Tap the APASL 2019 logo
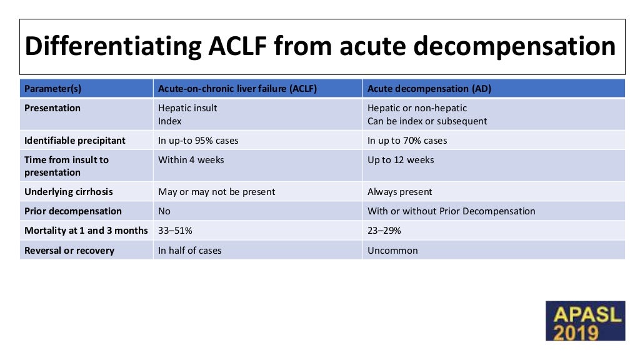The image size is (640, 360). [x=584, y=321]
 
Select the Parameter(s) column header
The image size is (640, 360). [x=52, y=89]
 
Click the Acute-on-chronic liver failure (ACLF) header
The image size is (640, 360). [x=237, y=89]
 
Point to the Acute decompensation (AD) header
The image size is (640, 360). [x=429, y=89]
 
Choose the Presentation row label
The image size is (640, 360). [x=52, y=108]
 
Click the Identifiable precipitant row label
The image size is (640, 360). [x=75, y=141]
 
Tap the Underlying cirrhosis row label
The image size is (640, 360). [x=69, y=192]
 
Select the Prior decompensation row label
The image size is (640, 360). [x=73, y=211]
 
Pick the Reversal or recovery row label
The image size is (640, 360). [x=69, y=251]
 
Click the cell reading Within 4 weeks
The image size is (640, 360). [x=191, y=160]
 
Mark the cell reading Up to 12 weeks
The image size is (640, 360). [x=401, y=160]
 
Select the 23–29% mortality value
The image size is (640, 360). [x=384, y=231]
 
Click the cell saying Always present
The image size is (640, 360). [x=400, y=192]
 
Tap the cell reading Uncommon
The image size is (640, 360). [x=392, y=251]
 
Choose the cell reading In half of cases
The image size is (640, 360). [x=190, y=251]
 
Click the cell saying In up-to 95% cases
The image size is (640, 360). [x=198, y=141]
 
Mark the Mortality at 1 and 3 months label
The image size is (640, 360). [x=86, y=231]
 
